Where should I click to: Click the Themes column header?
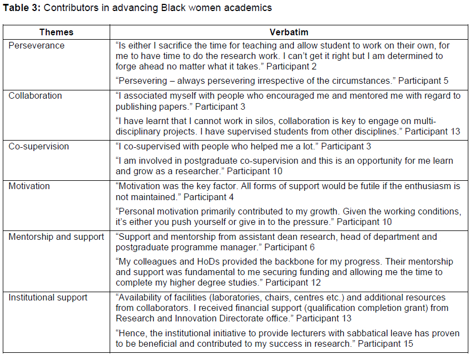tap(56, 33)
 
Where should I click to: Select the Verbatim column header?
tap(289, 33)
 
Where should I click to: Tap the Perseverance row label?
tap(36, 46)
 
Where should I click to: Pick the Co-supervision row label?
tap(39, 147)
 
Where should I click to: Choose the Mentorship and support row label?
tap(56, 237)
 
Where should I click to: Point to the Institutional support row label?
tap(48, 298)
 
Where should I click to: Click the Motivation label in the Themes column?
tap(29, 186)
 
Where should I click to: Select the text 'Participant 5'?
tap(423, 81)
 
